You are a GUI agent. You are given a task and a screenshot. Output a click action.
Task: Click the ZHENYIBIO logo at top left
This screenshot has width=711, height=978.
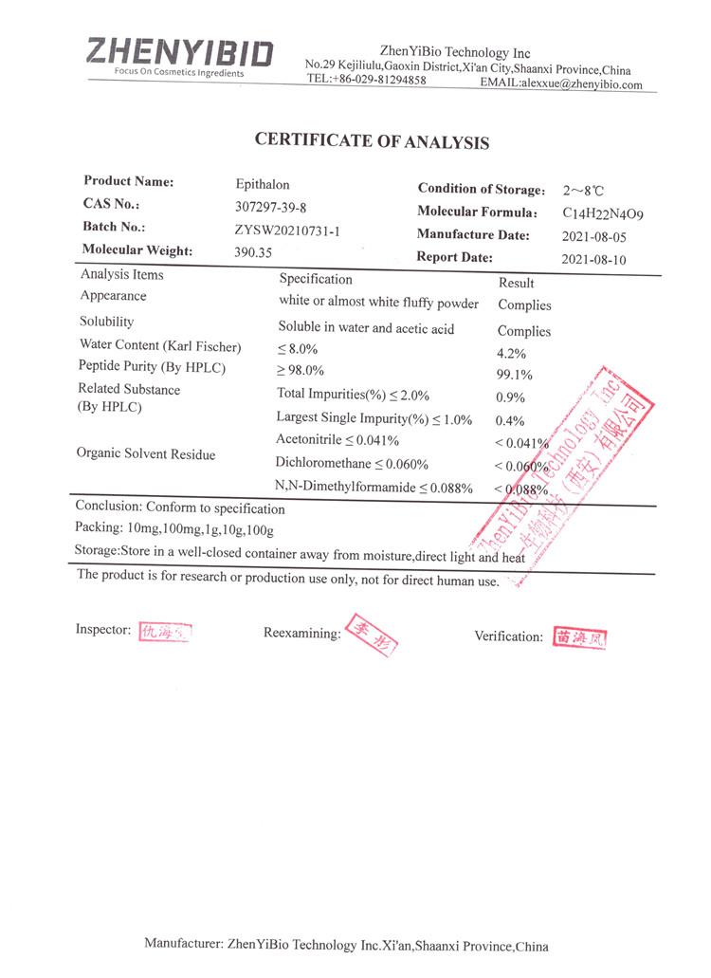coord(179,55)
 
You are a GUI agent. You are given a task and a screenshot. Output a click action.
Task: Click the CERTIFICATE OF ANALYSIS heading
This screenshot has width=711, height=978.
coord(372,141)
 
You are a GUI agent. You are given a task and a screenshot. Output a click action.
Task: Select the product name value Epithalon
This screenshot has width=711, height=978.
coord(263,184)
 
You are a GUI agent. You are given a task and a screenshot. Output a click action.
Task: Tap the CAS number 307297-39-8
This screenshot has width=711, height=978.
coord(271,207)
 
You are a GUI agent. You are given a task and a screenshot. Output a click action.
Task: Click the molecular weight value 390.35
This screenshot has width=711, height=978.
coord(253,252)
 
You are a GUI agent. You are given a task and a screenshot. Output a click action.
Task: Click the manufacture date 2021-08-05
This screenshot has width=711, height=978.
coord(593,237)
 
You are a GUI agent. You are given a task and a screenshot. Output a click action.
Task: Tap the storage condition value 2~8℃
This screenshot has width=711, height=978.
coord(583,191)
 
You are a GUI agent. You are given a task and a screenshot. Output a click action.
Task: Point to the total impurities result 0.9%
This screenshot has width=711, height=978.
coord(510,397)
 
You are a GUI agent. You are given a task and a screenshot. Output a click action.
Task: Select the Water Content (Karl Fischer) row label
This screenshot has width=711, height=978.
coord(160,345)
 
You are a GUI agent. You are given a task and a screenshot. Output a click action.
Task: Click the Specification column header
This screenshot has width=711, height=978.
coord(316,279)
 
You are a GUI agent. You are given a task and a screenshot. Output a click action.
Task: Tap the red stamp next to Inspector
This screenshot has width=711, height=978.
coord(165,631)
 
